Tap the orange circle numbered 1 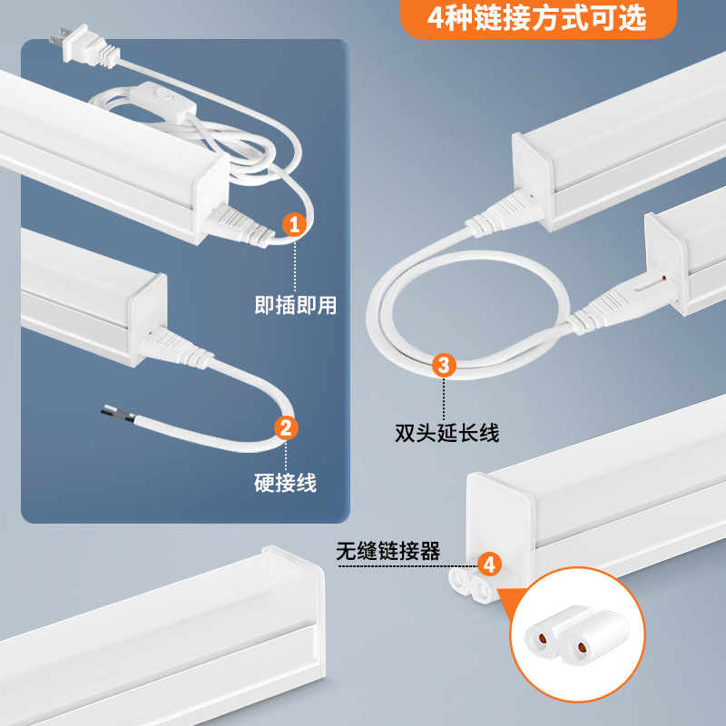tap(293, 224)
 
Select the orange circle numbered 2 tap(285, 427)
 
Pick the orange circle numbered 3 tap(443, 365)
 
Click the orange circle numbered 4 tap(488, 565)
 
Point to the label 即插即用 tap(295, 306)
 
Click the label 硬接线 tap(285, 483)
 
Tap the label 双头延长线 tap(446, 434)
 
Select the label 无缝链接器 tap(388, 551)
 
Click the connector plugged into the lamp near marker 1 tap(240, 223)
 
